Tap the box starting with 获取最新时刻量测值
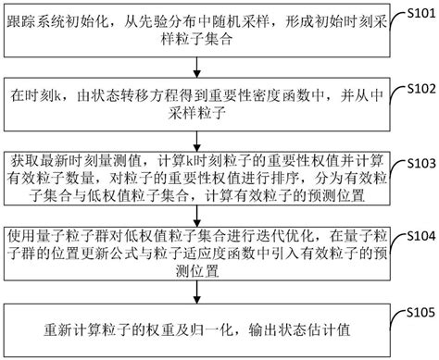point(192,176)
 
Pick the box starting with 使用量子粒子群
point(192,251)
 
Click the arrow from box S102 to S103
point(192,135)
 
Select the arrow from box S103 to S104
point(192,215)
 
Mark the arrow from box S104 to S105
point(192,292)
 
